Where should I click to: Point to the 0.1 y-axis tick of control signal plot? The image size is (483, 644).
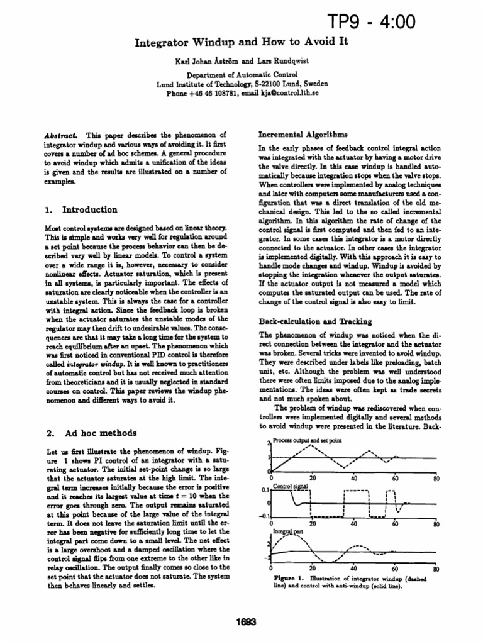pyautogui.click(x=265, y=489)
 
